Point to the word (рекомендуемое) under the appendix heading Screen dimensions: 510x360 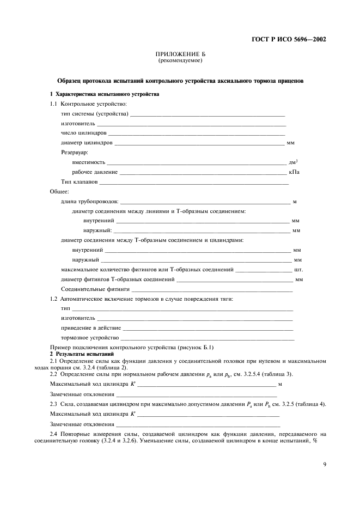[x=180, y=60]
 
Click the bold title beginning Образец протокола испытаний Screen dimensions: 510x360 [x=180, y=81]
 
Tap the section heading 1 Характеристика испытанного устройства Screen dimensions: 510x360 [x=105, y=94]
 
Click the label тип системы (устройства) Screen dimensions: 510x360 [x=95, y=114]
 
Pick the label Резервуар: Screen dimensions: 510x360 [x=75, y=153]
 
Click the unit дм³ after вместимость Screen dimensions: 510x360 [x=292, y=162]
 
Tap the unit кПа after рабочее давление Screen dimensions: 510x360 [x=294, y=172]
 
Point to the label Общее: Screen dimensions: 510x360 [x=59, y=192]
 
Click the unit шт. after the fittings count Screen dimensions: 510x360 [x=298, y=270]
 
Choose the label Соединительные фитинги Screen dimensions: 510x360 [x=95, y=289]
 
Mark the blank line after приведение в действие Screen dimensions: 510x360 [x=208, y=329]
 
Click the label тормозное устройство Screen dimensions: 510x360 [x=90, y=338]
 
